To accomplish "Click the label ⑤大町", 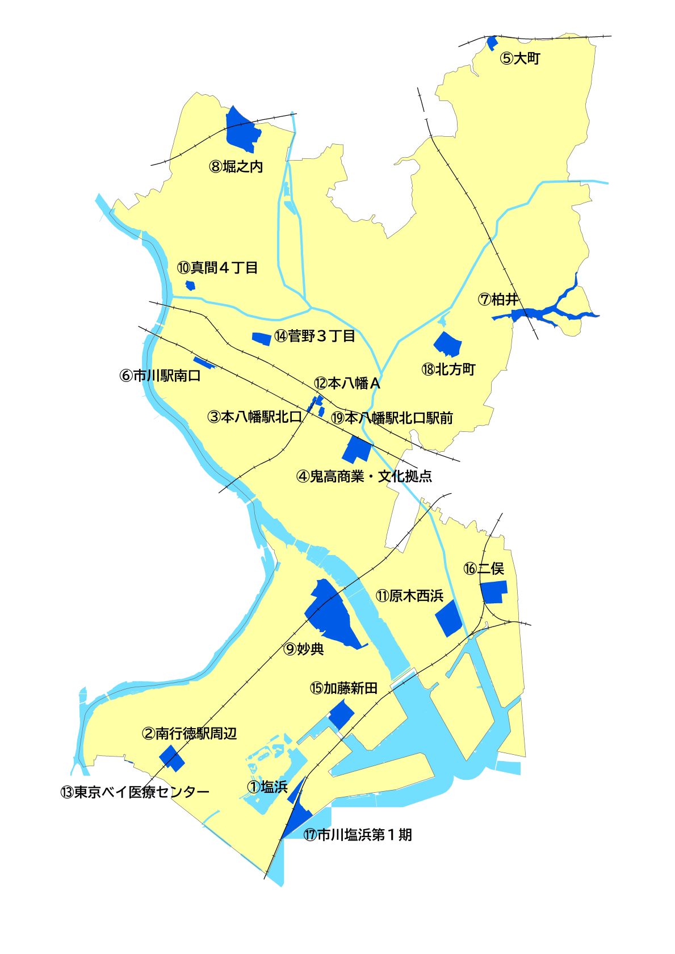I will (x=519, y=58).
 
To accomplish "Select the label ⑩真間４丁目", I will (x=217, y=267).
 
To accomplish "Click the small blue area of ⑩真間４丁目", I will (x=190, y=285).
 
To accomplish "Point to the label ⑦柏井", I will (x=499, y=299).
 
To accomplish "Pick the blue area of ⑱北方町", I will (x=448, y=343).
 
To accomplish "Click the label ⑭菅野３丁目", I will (x=315, y=336).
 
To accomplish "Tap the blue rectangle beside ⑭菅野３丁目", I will (x=261, y=338).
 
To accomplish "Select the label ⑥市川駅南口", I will (x=160, y=376).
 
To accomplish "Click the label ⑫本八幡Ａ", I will (x=347, y=384).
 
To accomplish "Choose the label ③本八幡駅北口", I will (x=255, y=417).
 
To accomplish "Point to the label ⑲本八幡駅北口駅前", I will (x=392, y=418).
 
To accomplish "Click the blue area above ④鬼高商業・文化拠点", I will (x=357, y=449).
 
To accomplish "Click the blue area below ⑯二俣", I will (x=494, y=592).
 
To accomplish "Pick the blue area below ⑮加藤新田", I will (x=341, y=714).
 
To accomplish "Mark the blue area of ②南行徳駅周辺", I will (x=171, y=758).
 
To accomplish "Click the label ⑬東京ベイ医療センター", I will (x=135, y=792).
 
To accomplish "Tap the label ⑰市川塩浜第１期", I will (x=358, y=835).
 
